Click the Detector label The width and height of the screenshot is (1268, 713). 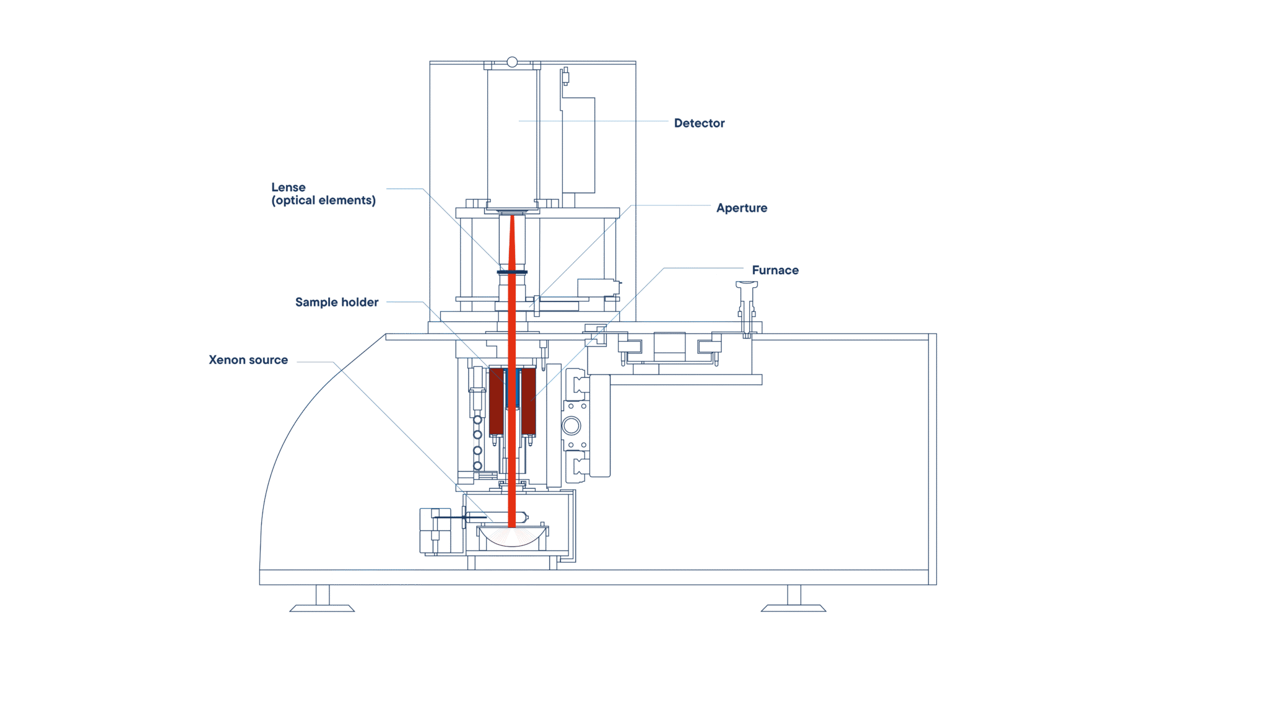699,123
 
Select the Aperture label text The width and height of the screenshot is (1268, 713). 742,208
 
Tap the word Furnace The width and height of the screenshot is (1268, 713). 775,270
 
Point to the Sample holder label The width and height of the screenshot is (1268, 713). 337,302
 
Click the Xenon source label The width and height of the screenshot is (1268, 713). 248,360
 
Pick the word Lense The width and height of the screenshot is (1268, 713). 289,187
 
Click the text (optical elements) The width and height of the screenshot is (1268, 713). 323,201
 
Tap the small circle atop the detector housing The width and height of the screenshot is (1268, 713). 512,62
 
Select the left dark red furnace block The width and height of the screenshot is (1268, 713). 497,402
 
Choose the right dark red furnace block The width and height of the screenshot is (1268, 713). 528,402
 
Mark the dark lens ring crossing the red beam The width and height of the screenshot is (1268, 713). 512,272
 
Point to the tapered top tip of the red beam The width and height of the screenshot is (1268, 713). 512,216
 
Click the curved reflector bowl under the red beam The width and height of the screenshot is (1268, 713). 513,537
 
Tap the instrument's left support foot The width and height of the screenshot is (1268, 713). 322,599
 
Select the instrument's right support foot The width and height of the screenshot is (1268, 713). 794,599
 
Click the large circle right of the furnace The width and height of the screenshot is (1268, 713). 571,426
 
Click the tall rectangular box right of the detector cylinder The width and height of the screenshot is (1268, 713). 578,145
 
